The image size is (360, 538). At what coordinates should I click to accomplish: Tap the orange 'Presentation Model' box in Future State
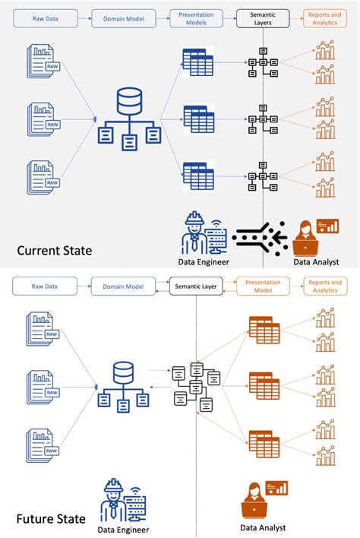pos(262,286)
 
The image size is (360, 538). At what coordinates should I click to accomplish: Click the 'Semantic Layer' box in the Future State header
pos(196,286)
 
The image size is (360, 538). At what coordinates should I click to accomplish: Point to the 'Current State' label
pos(54,249)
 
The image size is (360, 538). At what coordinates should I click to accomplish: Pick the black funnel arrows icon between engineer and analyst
pos(260,238)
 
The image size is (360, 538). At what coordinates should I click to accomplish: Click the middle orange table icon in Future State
pos(264,386)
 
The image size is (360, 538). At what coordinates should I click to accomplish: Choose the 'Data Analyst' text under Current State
pos(316,262)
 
